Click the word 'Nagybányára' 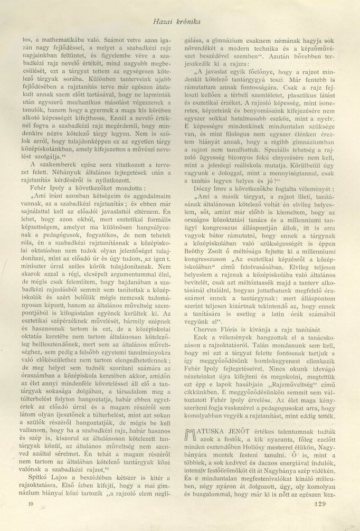pos(200,449)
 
